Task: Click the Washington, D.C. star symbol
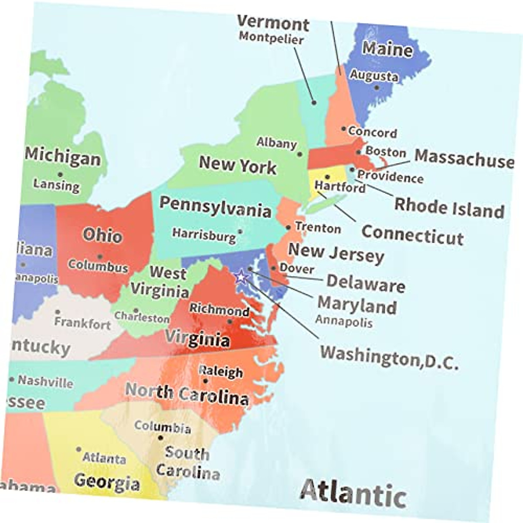click(x=240, y=276)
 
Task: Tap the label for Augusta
click(x=374, y=75)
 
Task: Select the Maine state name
click(x=387, y=49)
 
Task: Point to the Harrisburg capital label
click(x=204, y=234)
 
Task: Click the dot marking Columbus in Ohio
click(x=100, y=257)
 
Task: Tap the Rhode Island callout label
click(x=449, y=207)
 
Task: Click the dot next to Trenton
click(x=288, y=228)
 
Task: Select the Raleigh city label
click(x=221, y=371)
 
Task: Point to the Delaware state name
click(x=366, y=283)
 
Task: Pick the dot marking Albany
click(x=299, y=154)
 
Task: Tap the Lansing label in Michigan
click(x=57, y=185)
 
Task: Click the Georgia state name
click(x=107, y=482)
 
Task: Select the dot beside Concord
click(x=344, y=129)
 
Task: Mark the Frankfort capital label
click(x=82, y=323)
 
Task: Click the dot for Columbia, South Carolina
click(x=160, y=438)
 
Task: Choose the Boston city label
click(x=386, y=152)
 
